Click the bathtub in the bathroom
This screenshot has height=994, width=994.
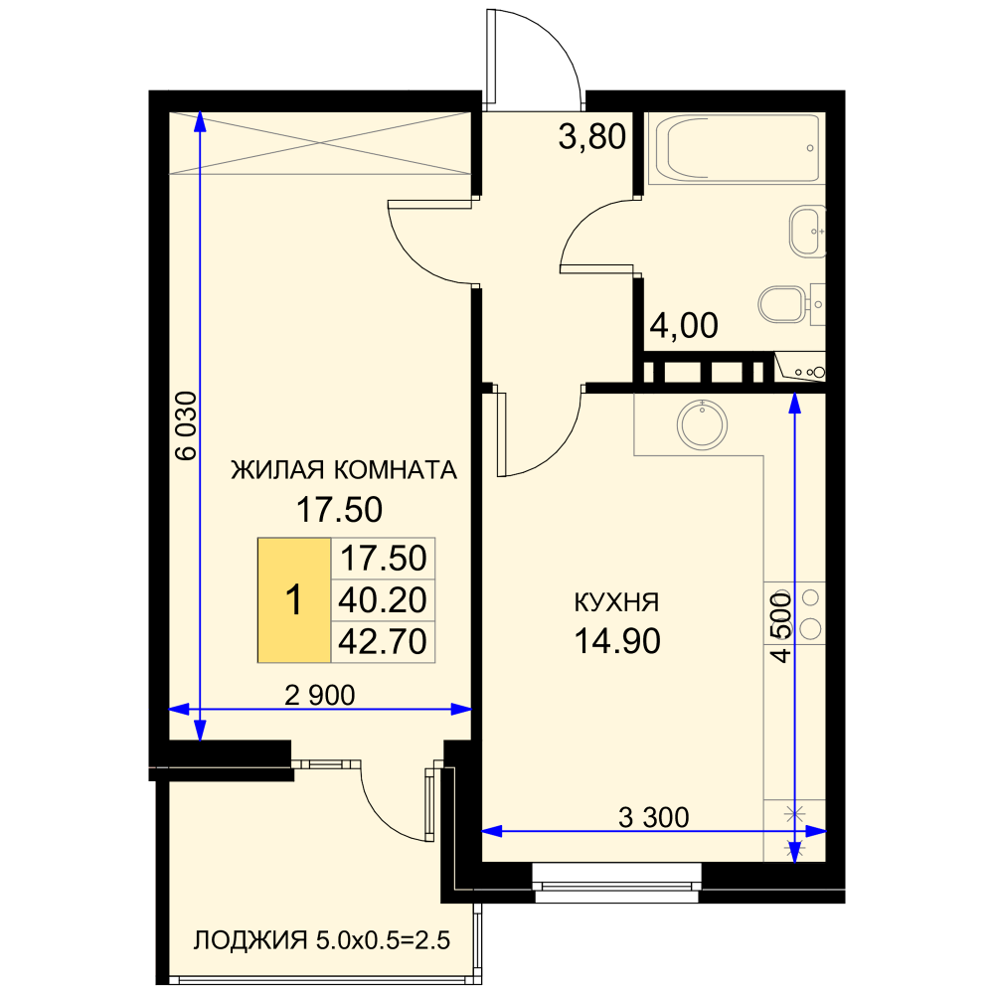[x=738, y=148]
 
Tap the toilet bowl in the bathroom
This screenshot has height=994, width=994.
[x=783, y=304]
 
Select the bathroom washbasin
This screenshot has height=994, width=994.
[x=807, y=232]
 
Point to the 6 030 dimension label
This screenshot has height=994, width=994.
[x=187, y=425]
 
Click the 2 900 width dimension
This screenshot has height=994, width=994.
[x=319, y=696]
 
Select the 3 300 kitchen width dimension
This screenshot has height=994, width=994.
[x=654, y=817]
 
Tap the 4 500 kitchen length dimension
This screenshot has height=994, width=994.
[x=781, y=627]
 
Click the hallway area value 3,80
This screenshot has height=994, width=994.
[x=592, y=137]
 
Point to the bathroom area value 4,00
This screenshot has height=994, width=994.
[x=684, y=326]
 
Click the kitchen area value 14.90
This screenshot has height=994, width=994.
[x=617, y=641]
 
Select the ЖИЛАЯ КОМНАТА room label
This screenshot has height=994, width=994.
[x=344, y=470]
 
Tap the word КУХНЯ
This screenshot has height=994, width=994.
[x=616, y=602]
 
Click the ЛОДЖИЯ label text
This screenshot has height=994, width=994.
[x=250, y=940]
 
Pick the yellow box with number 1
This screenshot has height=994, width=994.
[x=294, y=600]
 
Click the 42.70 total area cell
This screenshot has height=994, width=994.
[x=383, y=641]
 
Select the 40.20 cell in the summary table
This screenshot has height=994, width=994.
[x=383, y=600]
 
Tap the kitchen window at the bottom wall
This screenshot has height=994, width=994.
[x=616, y=883]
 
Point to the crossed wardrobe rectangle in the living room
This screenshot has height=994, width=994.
[x=320, y=143]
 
